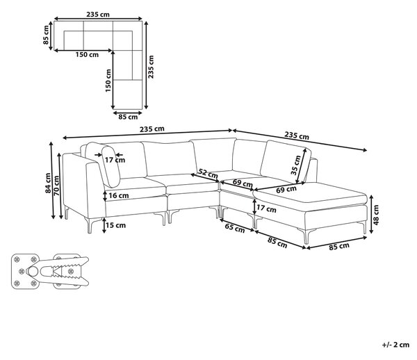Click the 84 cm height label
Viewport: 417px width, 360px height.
(x=48, y=183)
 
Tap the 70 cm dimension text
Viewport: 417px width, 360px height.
(x=57, y=186)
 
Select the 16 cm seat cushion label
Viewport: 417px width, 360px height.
(x=119, y=196)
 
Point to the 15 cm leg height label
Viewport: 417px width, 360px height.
(x=115, y=225)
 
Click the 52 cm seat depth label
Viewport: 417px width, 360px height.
(x=208, y=174)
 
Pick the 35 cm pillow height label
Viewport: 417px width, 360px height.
(x=296, y=165)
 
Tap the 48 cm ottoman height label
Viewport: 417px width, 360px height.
(x=376, y=215)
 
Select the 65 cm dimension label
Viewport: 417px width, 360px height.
(x=235, y=228)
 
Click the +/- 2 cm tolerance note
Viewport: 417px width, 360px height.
(x=395, y=345)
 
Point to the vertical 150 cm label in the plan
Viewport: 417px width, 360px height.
(x=108, y=81)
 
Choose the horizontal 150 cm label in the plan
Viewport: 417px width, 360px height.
(x=87, y=55)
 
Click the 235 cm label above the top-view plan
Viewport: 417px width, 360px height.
(x=98, y=15)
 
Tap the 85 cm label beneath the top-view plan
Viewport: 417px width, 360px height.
(x=128, y=117)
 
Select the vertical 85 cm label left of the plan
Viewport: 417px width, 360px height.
(x=46, y=35)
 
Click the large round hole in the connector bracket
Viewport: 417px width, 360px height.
(x=33, y=272)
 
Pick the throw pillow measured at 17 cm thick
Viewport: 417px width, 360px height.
(x=104, y=164)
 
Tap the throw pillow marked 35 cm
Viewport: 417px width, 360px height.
(x=286, y=161)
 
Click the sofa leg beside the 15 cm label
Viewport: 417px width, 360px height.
(x=90, y=225)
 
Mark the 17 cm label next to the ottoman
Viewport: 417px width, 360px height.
(x=266, y=209)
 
